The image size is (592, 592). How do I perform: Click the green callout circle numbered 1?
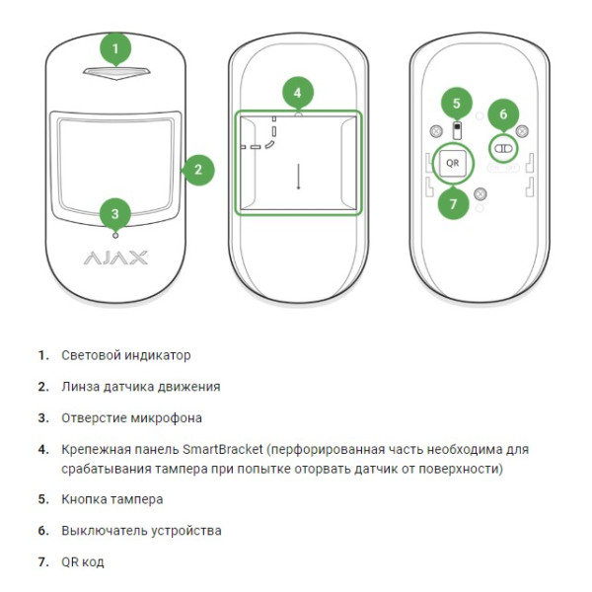(115, 48)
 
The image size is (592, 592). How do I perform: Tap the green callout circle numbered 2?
(197, 169)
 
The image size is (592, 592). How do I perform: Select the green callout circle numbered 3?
(115, 212)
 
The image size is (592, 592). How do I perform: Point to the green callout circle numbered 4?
(297, 94)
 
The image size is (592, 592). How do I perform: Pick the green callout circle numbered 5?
(455, 102)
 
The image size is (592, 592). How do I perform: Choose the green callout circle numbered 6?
(503, 114)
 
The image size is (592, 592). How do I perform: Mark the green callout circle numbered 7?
(453, 204)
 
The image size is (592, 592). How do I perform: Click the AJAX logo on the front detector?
(115, 259)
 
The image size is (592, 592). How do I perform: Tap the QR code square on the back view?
(453, 161)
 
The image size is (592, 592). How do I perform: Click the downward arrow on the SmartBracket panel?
(298, 178)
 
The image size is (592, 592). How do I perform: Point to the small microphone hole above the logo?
(115, 234)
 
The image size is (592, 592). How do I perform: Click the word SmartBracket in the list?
(225, 449)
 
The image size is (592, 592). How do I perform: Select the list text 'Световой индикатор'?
(126, 355)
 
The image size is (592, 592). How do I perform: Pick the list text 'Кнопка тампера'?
(112, 499)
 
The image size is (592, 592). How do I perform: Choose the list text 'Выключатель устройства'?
(141, 531)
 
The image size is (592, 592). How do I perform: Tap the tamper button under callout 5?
(455, 130)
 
